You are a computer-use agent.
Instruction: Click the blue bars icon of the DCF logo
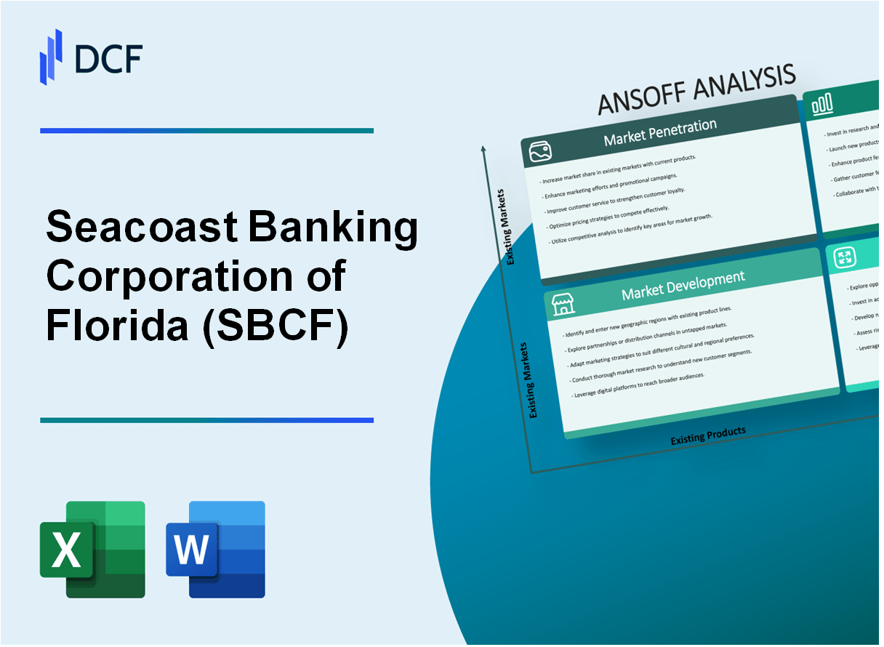click(x=52, y=57)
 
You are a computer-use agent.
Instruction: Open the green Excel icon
click(x=92, y=550)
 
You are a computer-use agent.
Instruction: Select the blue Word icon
click(x=215, y=550)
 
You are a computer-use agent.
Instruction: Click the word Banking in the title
click(x=333, y=230)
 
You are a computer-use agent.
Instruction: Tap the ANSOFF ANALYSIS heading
click(x=696, y=90)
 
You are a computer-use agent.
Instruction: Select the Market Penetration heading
click(x=659, y=132)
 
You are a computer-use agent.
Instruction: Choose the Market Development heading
click(x=683, y=285)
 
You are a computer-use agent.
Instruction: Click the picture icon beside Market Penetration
click(x=539, y=151)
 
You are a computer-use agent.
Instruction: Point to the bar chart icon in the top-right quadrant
click(x=822, y=106)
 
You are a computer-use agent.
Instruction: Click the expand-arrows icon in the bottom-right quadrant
click(x=845, y=257)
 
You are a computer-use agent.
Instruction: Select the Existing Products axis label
click(x=707, y=435)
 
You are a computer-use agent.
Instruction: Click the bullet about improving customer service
click(x=612, y=198)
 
